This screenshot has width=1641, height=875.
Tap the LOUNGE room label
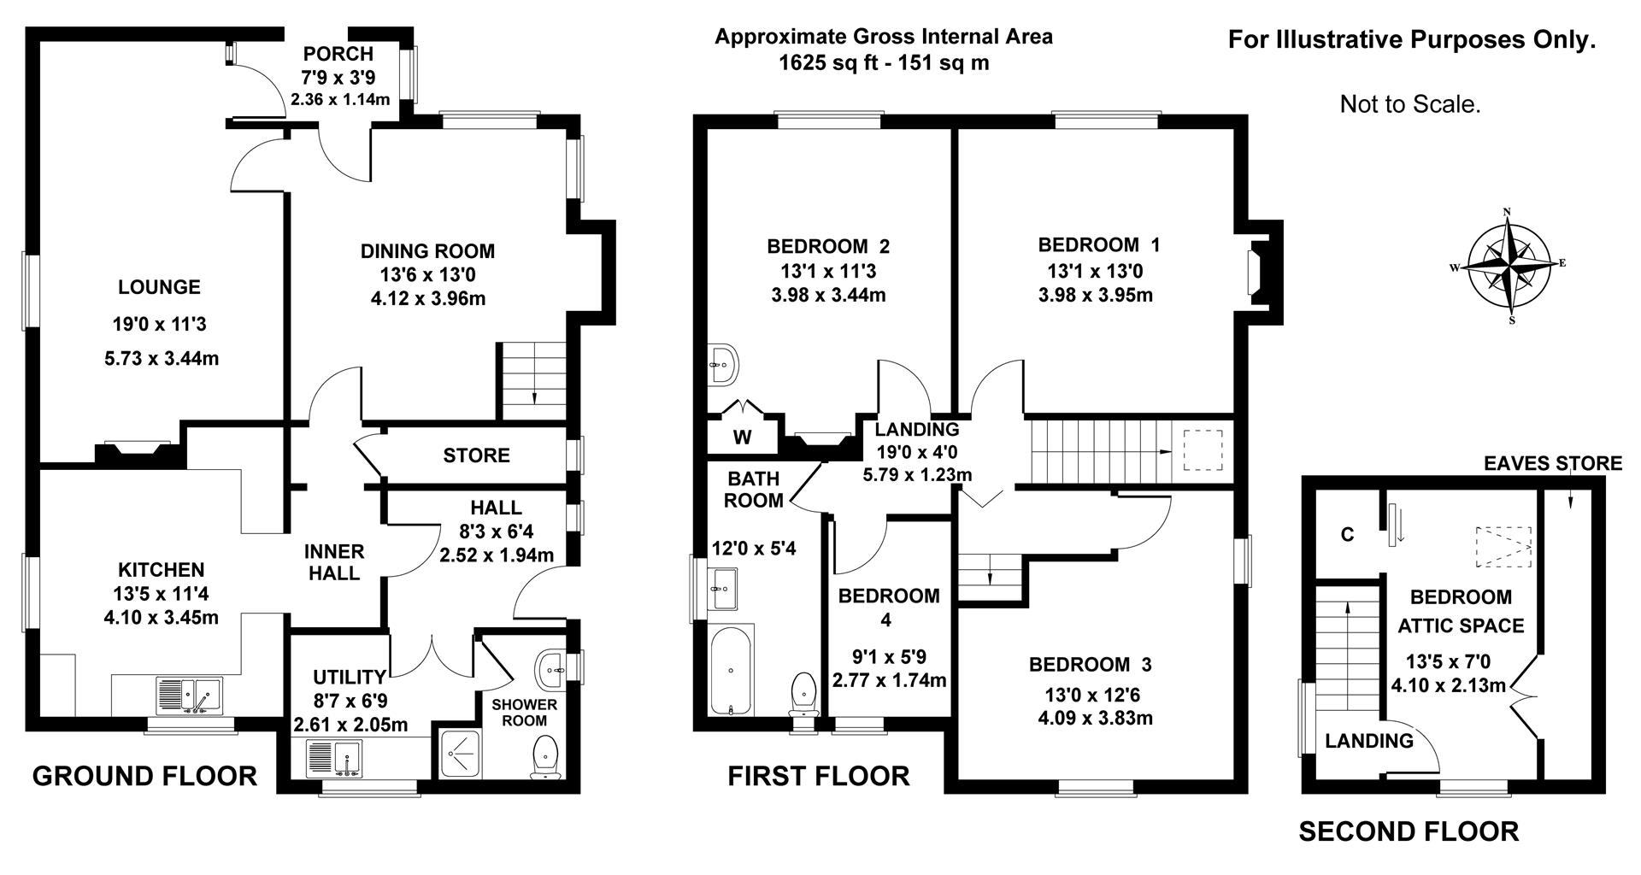tap(159, 288)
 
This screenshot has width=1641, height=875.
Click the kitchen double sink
tap(189, 695)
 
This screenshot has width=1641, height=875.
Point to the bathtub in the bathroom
tap(731, 669)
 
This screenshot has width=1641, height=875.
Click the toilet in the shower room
tap(544, 758)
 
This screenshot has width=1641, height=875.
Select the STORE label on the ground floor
tap(476, 455)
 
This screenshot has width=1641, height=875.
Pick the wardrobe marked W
tap(742, 437)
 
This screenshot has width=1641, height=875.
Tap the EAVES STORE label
tap(1552, 463)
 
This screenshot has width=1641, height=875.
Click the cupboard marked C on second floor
tap(1347, 535)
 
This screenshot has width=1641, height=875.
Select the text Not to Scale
tap(1409, 105)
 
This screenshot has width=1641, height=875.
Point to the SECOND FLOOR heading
tap(1409, 831)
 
